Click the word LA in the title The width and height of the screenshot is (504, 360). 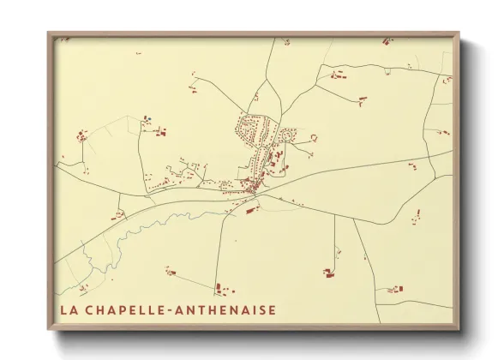coord(69,309)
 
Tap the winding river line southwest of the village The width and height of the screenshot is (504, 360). coord(154,225)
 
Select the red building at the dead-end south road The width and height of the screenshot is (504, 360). coord(328,273)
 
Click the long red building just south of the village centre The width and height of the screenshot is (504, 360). coord(251,208)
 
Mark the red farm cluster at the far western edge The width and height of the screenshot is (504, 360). coord(82,135)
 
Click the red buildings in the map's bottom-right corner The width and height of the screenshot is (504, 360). coord(393,290)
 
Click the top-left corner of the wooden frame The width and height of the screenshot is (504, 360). coord(49,34)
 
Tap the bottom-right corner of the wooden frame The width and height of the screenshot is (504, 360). coord(458,329)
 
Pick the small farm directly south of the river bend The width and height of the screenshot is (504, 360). coord(170,273)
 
